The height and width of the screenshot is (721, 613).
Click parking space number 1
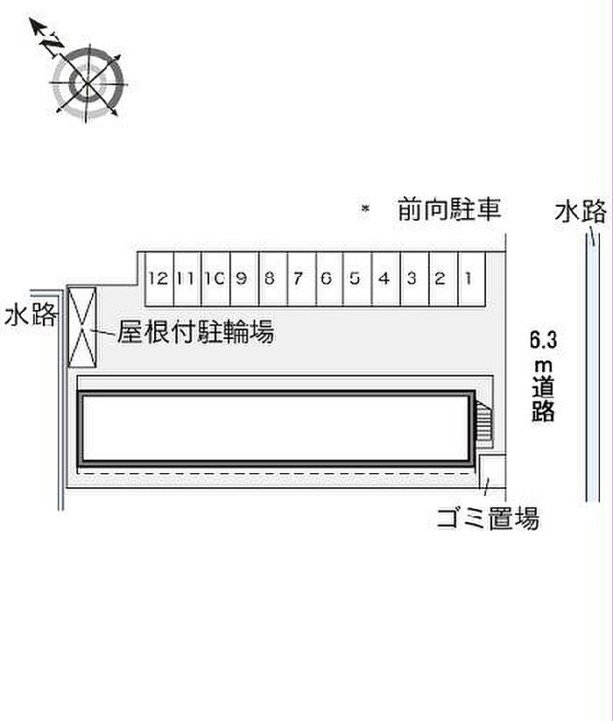[472, 279]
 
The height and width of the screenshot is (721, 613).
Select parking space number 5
[357, 279]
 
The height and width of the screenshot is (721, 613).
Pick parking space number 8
[273, 279]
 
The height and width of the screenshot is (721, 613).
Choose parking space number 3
[414, 279]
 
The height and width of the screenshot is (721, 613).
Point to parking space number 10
[216, 279]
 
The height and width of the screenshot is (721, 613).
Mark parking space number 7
[301, 279]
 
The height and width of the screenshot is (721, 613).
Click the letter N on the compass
[53, 45]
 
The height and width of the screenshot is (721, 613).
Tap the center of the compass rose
[88, 84]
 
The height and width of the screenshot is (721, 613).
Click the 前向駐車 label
[449, 209]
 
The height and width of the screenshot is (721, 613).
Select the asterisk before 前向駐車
[365, 209]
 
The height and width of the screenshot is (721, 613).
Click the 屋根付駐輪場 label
[196, 331]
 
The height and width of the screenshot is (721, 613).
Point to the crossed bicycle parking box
[82, 327]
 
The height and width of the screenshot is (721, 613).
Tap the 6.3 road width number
[543, 340]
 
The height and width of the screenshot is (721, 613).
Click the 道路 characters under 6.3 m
[543, 399]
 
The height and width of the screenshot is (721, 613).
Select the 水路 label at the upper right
[581, 211]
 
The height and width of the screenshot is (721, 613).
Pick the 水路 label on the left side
[32, 315]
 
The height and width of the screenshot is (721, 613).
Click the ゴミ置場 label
[488, 519]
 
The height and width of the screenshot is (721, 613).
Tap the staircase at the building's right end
[484, 423]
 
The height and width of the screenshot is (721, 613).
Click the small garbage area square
[492, 471]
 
